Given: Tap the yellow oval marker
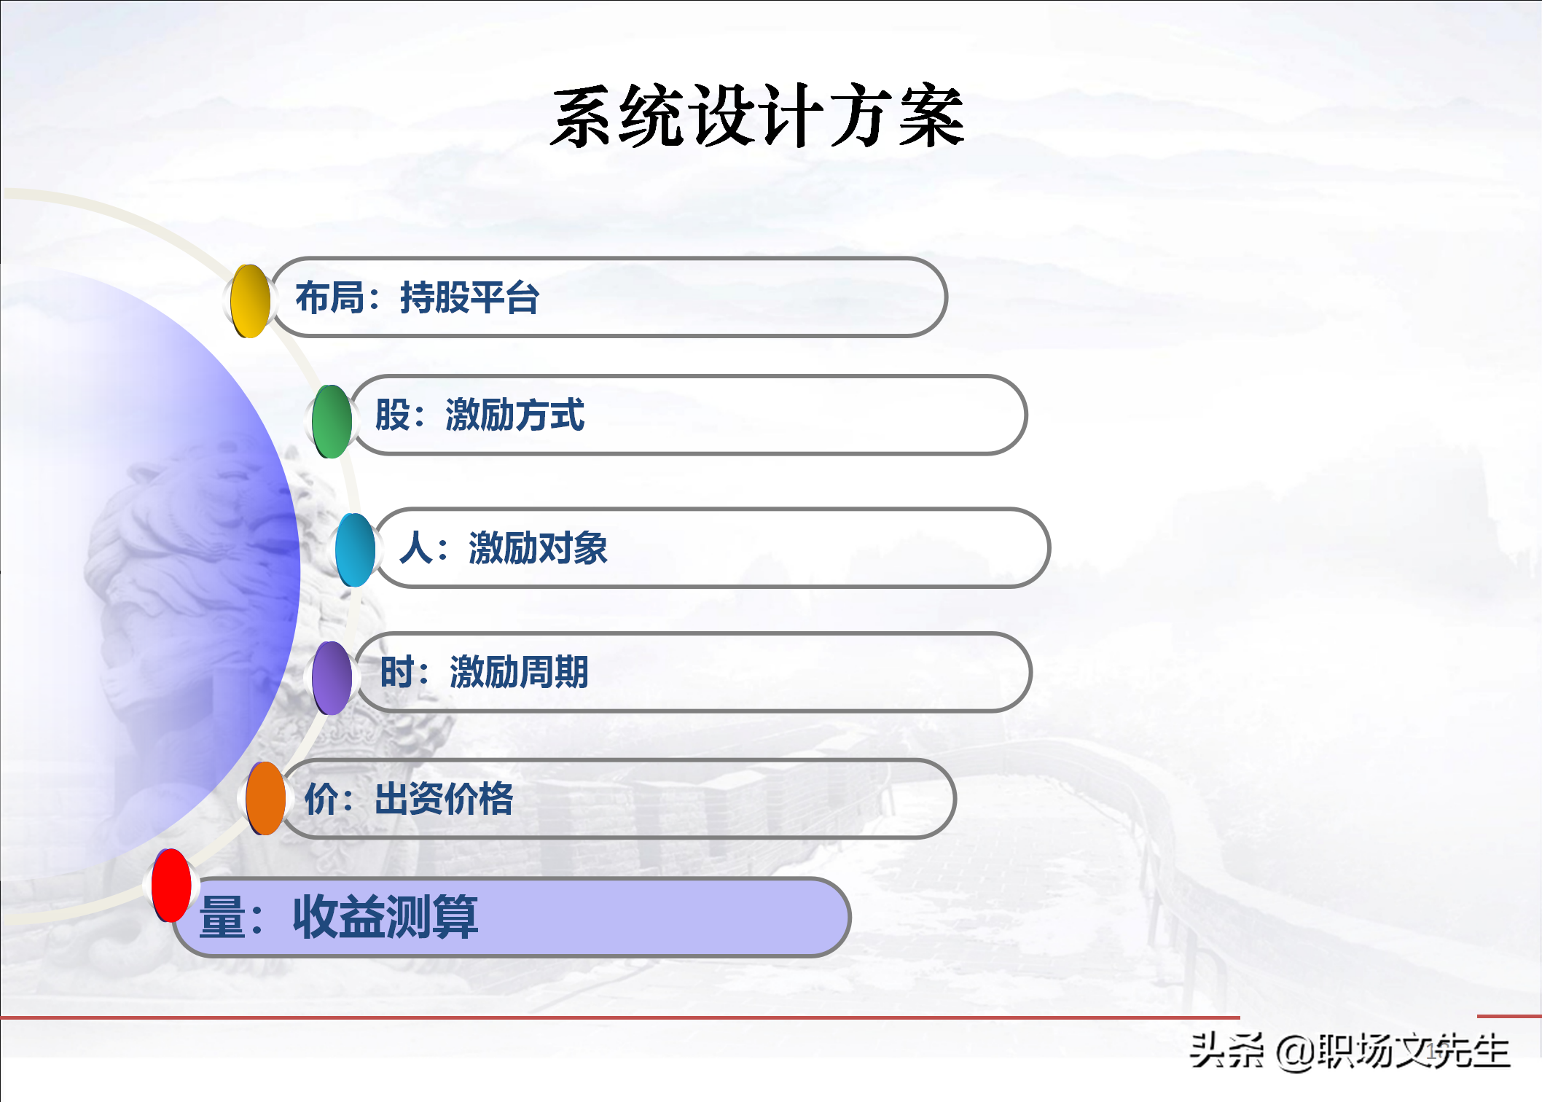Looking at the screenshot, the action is [250, 301].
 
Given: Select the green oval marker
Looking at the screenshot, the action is [332, 421].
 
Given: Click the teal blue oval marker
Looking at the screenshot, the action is [355, 550].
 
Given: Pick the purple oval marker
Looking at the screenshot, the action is [332, 678].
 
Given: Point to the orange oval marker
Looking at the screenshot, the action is [265, 798].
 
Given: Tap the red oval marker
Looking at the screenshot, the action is [171, 886].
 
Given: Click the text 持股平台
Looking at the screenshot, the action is [470, 297].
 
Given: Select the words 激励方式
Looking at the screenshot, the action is [515, 415].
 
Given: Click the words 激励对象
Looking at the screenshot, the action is [539, 547].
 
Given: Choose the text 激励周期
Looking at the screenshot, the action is [520, 671].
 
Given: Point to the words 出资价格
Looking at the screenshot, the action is [445, 798].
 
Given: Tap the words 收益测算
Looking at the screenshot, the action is [385, 916].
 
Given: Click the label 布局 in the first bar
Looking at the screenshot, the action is [329, 297].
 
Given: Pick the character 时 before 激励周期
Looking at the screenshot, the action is [398, 671].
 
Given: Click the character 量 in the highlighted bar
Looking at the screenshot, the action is [222, 916].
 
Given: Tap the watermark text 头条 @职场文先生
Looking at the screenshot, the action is [1350, 1051].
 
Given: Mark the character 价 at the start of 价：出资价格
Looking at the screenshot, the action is [321, 798].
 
